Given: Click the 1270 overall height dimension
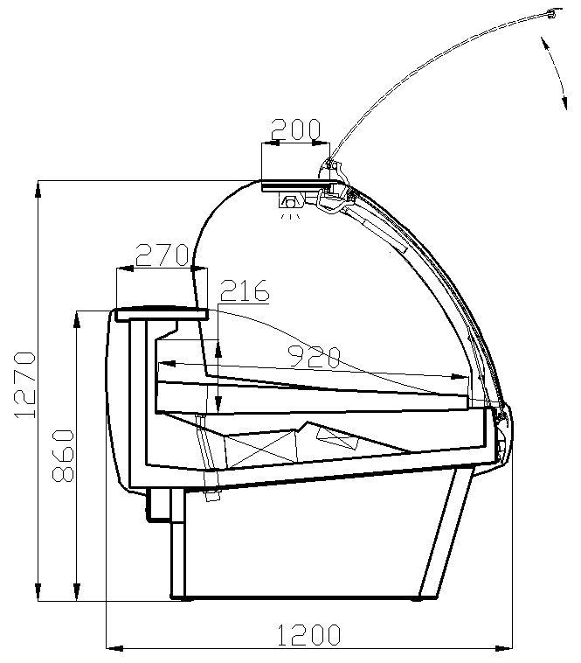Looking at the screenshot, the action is coord(25,384).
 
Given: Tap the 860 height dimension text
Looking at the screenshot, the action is coord(63,456).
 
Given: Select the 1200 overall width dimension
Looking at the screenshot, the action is coord(308,635).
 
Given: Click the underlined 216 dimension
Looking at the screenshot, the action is coord(245,290).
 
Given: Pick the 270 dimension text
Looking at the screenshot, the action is coord(162,255).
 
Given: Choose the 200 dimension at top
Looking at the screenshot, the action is coord(295,129).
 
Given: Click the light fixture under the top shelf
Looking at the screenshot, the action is coord(290,203).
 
